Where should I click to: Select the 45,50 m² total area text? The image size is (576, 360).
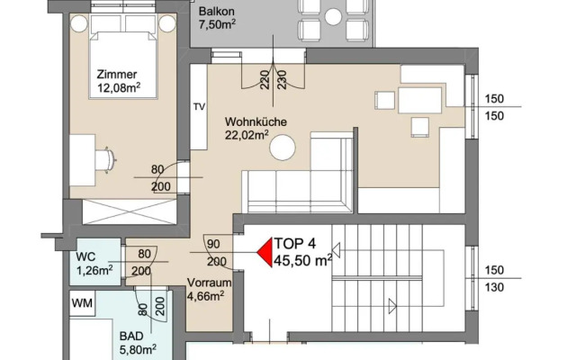point(302,262)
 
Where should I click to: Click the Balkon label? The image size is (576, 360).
point(216,12)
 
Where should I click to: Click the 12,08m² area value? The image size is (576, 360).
point(121,88)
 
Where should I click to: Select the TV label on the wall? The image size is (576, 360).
point(199,106)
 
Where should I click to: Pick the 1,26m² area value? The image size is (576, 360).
point(94,268)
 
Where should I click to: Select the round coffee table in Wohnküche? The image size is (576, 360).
point(286,147)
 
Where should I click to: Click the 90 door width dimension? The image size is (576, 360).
point(214,244)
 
